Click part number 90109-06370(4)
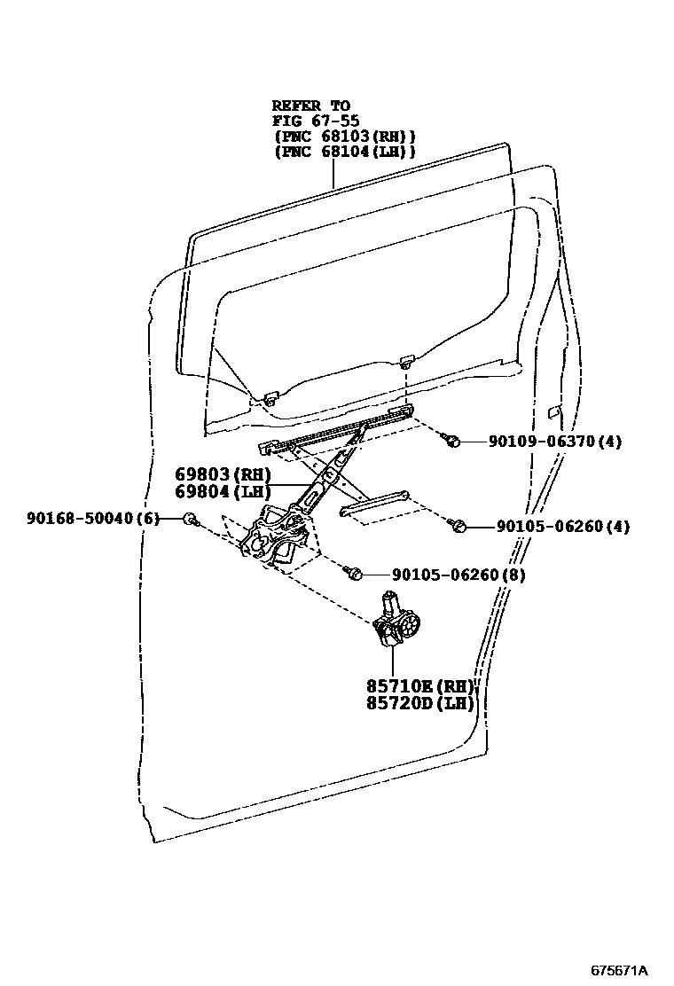(554, 441)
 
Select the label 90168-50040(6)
(92, 518)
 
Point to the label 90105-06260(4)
(563, 526)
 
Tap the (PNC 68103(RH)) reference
(344, 137)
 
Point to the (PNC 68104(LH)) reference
(344, 152)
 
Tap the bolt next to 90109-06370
(452, 441)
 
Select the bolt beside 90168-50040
(189, 518)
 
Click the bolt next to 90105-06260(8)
(354, 575)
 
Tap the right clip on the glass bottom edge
(406, 360)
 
